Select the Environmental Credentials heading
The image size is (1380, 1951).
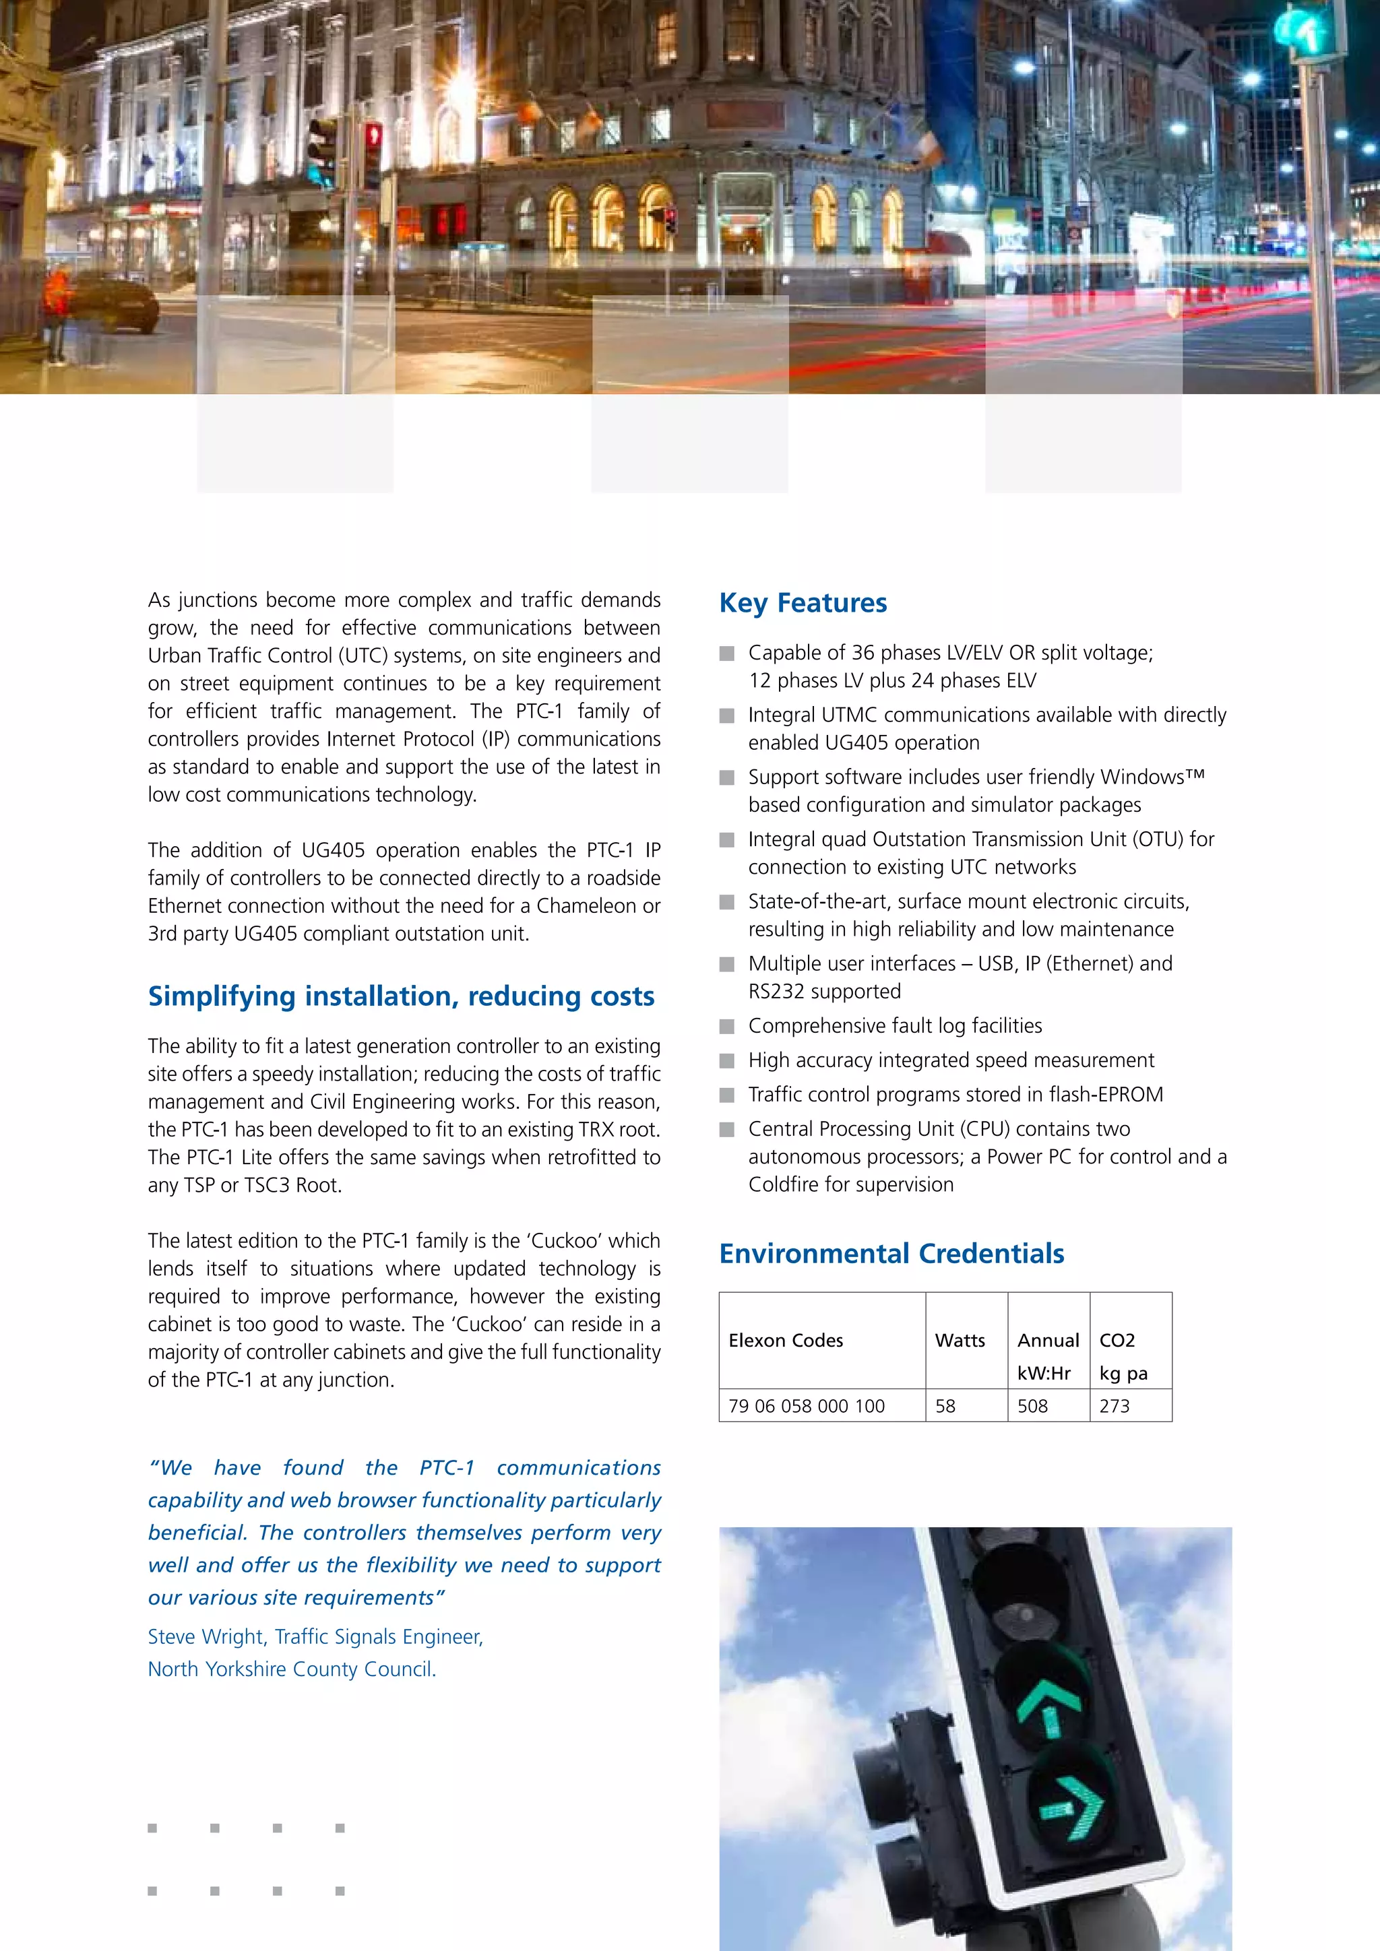(x=891, y=1253)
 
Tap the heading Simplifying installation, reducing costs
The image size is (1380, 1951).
(x=401, y=996)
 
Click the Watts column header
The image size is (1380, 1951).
(x=960, y=1340)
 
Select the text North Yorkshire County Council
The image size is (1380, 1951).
(x=292, y=1669)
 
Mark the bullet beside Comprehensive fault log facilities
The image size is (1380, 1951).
(x=726, y=1027)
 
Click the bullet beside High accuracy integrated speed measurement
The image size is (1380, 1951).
(x=726, y=1060)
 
